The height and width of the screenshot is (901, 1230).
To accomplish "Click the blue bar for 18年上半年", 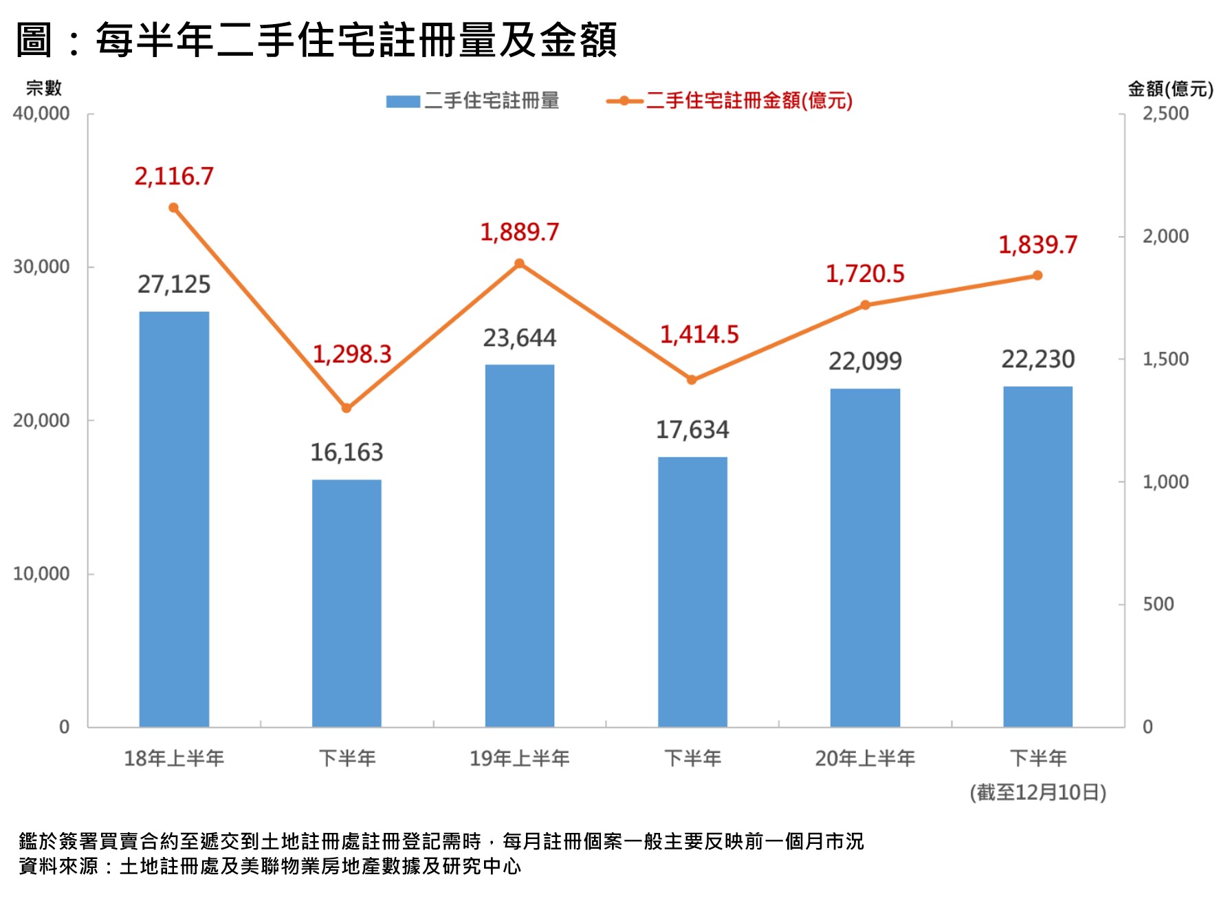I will click(x=174, y=519).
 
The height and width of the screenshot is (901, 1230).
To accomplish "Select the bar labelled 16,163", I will click(x=347, y=603).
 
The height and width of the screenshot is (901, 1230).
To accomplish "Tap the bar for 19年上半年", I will click(x=520, y=545).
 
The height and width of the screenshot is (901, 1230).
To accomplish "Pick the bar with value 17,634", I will click(x=692, y=591).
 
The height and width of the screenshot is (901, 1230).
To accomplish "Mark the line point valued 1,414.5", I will click(x=692, y=380).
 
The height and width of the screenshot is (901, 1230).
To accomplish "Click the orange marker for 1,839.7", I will click(x=1037, y=276).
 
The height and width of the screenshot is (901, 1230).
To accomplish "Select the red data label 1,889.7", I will click(x=520, y=232).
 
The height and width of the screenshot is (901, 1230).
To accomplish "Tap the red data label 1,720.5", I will click(x=865, y=274).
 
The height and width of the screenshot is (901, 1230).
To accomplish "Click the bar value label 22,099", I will click(x=865, y=361).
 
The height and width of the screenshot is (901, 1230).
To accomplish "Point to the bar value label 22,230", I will click(x=1037, y=359).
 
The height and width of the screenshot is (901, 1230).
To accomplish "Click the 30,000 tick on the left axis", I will click(x=41, y=267).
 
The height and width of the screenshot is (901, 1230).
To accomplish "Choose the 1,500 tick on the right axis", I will click(x=1165, y=359).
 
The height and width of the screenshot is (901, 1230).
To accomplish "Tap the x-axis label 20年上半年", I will click(x=865, y=759).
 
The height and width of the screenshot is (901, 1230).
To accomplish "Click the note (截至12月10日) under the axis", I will click(x=1037, y=792).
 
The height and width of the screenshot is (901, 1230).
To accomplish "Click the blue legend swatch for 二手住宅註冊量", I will click(x=403, y=101).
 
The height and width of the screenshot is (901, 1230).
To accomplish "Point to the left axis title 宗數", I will click(x=43, y=88).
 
